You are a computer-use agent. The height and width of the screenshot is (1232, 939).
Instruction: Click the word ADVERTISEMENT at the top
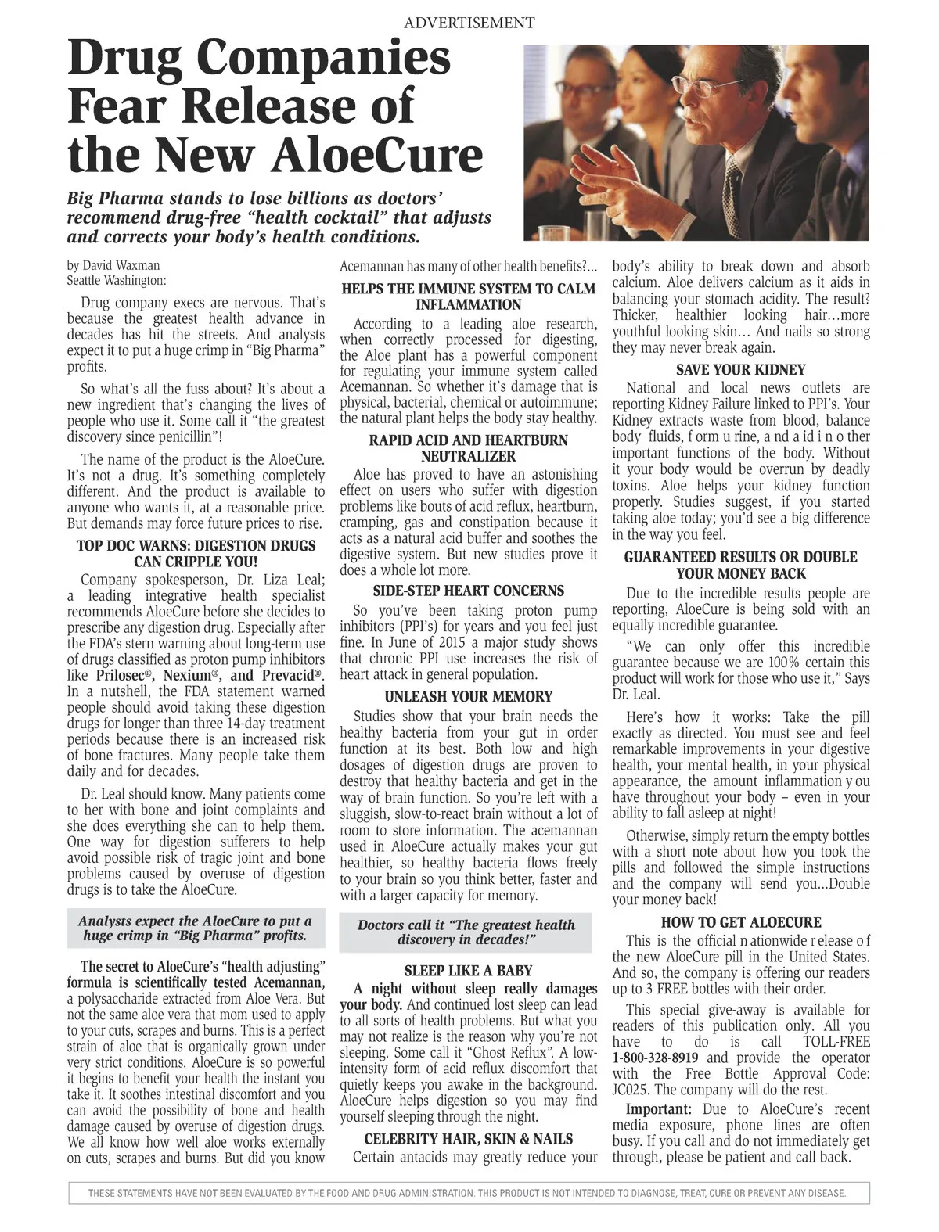pos(469,23)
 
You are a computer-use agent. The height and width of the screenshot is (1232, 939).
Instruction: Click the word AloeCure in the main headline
pos(376,154)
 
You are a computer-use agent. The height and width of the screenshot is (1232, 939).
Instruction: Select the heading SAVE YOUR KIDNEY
pos(740,370)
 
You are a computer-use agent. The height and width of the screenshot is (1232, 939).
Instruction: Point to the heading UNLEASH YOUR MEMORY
pos(468,696)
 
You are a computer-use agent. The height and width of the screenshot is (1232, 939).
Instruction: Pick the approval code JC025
pos(631,1090)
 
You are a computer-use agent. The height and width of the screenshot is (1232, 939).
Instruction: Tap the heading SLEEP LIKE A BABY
pos(468,971)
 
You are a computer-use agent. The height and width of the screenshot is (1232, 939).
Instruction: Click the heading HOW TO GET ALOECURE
pos(741,922)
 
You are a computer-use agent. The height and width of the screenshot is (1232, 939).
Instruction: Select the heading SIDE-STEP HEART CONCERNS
pos(468,591)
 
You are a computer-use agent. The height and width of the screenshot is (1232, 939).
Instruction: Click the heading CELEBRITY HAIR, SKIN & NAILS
pos(468,1139)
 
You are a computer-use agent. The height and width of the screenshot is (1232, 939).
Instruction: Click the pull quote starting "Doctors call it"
pos(466,932)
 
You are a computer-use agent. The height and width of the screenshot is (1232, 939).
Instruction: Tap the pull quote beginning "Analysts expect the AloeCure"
pos(195,928)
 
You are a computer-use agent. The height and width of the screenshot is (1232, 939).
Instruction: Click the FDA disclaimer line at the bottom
pos(468,1194)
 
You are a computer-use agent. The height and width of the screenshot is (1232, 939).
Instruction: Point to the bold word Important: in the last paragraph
pos(658,1109)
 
